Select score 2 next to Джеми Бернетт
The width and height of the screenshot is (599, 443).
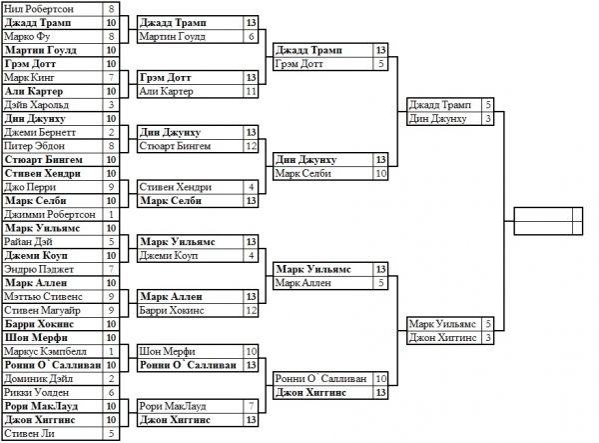(x=112, y=131)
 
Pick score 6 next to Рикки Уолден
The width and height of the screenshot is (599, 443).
(x=112, y=393)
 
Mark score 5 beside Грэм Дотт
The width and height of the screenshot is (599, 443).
(x=380, y=63)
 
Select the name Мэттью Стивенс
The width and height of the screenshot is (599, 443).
(x=38, y=296)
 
